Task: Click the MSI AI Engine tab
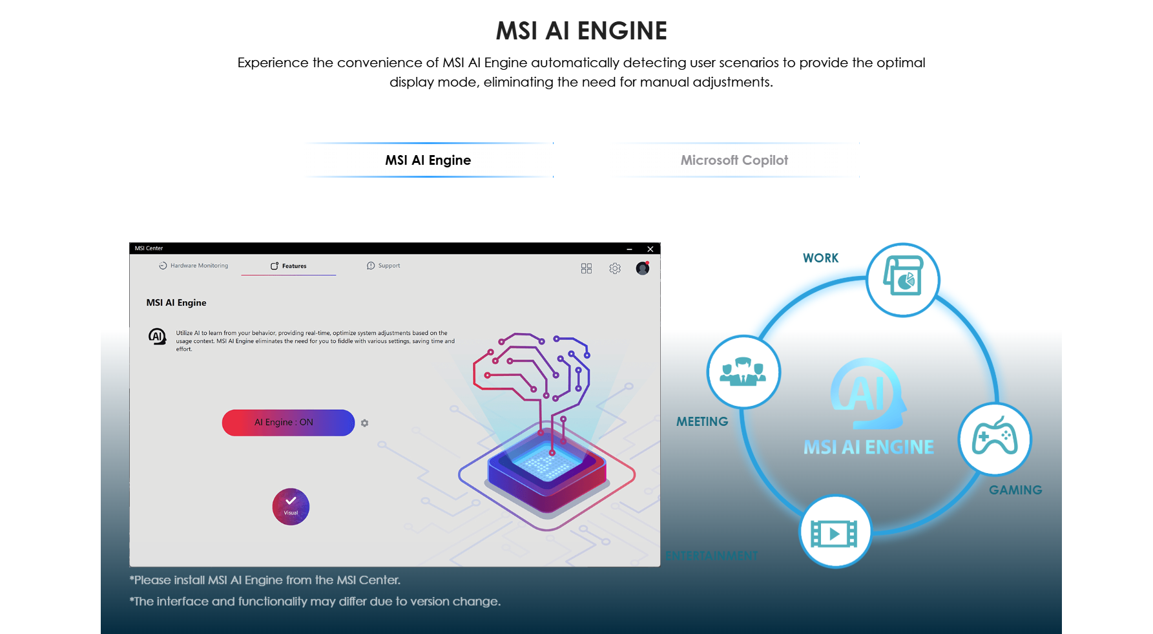click(x=428, y=160)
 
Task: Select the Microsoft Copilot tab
click(x=734, y=160)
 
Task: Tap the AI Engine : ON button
click(x=288, y=423)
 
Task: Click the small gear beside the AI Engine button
click(x=365, y=423)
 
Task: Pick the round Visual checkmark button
click(x=291, y=506)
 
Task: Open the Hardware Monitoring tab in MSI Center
click(x=194, y=266)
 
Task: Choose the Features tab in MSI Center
click(x=289, y=266)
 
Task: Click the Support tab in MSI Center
click(x=384, y=266)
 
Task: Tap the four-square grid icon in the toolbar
click(x=587, y=268)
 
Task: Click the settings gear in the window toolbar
click(x=615, y=268)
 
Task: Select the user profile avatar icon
click(x=642, y=268)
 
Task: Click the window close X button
click(x=650, y=249)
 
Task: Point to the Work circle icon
click(x=902, y=280)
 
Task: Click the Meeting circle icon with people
click(x=743, y=372)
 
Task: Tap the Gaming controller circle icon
click(x=995, y=439)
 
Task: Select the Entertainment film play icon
click(x=835, y=533)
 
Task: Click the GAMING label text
click(x=1015, y=490)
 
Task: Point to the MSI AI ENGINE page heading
click(x=581, y=31)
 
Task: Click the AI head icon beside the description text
click(x=157, y=336)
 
